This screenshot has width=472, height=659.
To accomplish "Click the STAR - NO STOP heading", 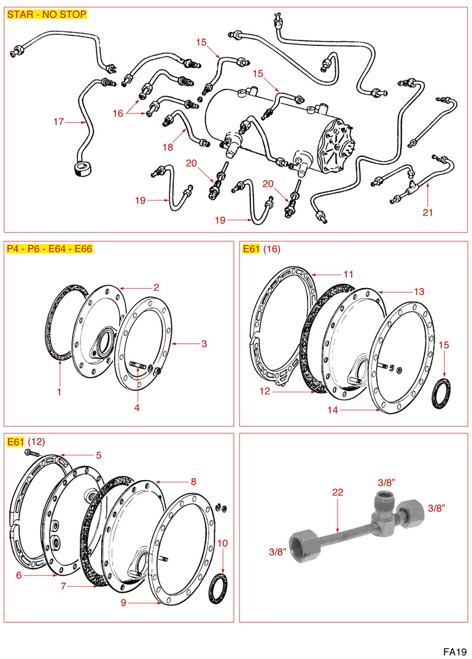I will tap(47, 14).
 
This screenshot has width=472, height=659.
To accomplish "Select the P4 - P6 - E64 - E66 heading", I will tap(49, 248).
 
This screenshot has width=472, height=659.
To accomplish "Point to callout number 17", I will tap(58, 122).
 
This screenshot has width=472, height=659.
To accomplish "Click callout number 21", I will tap(428, 213).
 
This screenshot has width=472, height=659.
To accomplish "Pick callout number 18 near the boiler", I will tap(168, 147).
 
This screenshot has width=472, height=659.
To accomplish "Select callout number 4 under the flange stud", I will tap(137, 407).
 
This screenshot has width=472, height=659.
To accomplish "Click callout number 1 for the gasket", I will tap(59, 391).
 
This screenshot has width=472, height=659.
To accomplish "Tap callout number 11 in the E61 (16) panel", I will tap(348, 274).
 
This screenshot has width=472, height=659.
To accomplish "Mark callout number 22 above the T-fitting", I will tap(338, 492).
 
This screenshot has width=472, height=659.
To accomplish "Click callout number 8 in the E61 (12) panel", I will tap(193, 482).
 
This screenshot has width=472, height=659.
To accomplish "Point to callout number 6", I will tap(19, 575).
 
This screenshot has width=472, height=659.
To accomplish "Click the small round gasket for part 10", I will tap(218, 588).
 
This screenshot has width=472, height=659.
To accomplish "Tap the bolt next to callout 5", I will tap(31, 453).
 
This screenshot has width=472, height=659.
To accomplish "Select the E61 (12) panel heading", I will tap(25, 441).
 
